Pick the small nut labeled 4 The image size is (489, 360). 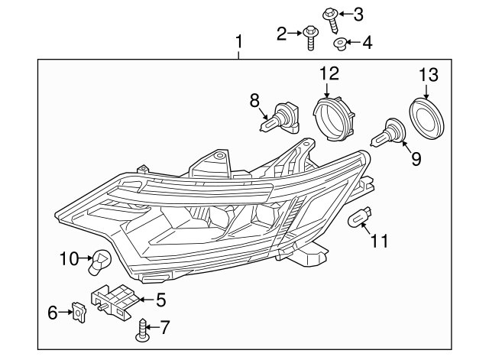(342, 42)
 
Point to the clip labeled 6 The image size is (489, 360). (76, 311)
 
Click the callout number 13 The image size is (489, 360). (429, 74)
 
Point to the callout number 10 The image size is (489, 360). (68, 258)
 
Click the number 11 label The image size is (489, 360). (378, 242)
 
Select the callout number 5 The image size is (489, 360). (161, 299)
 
